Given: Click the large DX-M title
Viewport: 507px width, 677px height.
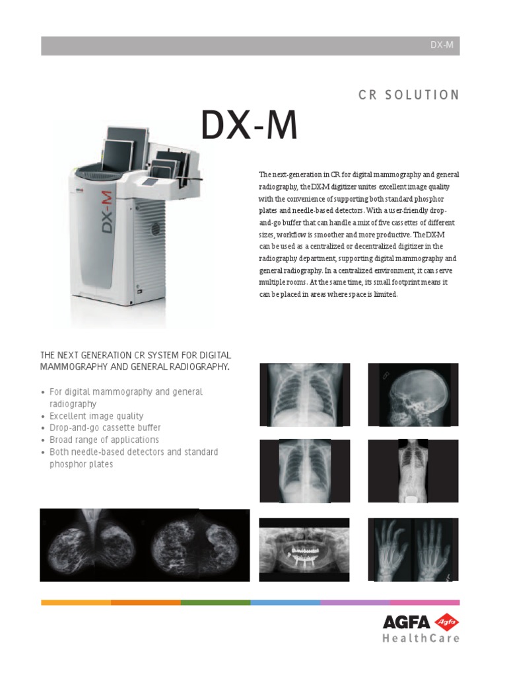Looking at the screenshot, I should click(x=249, y=126).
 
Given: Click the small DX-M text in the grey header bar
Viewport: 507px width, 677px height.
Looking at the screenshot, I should click(x=442, y=46).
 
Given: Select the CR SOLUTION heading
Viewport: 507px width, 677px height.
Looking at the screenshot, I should click(x=409, y=95).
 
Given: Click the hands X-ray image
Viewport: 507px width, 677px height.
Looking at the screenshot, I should click(x=413, y=549).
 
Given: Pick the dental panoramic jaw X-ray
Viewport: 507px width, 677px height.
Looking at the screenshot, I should click(x=304, y=549).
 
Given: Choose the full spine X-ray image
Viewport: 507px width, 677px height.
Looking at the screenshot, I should click(x=413, y=471).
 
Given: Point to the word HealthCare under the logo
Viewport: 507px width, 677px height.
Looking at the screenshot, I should click(x=421, y=639).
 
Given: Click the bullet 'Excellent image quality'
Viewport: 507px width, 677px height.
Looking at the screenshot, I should click(x=96, y=416).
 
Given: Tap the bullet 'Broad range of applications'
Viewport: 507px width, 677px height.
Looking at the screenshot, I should click(x=104, y=440).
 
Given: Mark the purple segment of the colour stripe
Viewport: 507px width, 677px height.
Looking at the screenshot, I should click(x=355, y=602).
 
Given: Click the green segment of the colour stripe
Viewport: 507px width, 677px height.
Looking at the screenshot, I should click(x=215, y=602).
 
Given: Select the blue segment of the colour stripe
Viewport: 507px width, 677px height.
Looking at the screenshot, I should click(x=285, y=602).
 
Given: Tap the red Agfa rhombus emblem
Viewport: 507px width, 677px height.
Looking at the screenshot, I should click(x=446, y=622).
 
